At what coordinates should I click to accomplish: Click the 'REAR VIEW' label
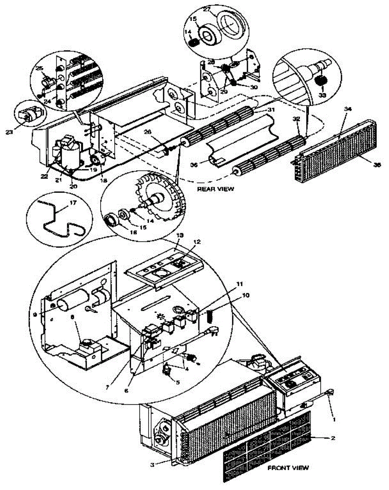point(216,189)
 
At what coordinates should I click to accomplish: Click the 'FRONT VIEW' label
point(288,468)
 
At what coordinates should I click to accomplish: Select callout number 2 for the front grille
point(333,438)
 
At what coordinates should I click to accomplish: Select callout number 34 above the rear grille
point(347,109)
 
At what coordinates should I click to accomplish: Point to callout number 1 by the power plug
point(334,418)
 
